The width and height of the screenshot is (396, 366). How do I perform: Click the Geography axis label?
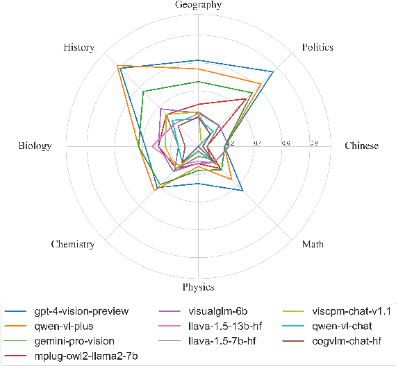pyautogui.click(x=198, y=6)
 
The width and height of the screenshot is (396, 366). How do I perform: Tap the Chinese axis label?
pyautogui.click(x=362, y=146)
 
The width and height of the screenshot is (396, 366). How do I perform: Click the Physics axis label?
pyautogui.click(x=198, y=287)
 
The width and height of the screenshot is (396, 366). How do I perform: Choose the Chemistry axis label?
pyautogui.click(x=72, y=245)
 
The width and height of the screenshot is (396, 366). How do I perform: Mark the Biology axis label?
pyautogui.click(x=35, y=146)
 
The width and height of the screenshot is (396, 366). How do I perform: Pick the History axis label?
pyautogui.click(x=79, y=48)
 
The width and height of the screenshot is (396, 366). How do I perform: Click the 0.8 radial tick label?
pyautogui.click(x=313, y=143)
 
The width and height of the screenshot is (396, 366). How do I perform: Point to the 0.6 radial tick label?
pyautogui.click(x=285, y=143)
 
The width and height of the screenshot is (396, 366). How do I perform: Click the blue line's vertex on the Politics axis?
pyautogui.click(x=272, y=72)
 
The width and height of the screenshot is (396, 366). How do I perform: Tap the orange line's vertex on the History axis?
pyautogui.click(x=117, y=66)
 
